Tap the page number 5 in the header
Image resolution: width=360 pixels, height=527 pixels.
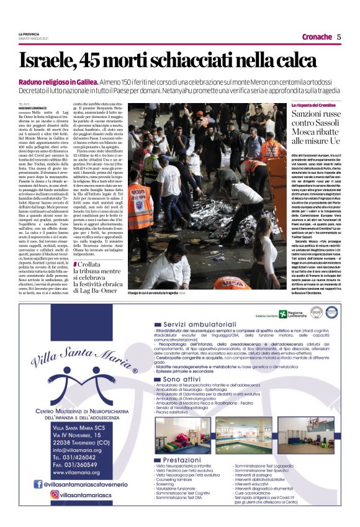click(x=339, y=37)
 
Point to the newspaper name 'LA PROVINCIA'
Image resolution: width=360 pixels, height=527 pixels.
click(x=30, y=34)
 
